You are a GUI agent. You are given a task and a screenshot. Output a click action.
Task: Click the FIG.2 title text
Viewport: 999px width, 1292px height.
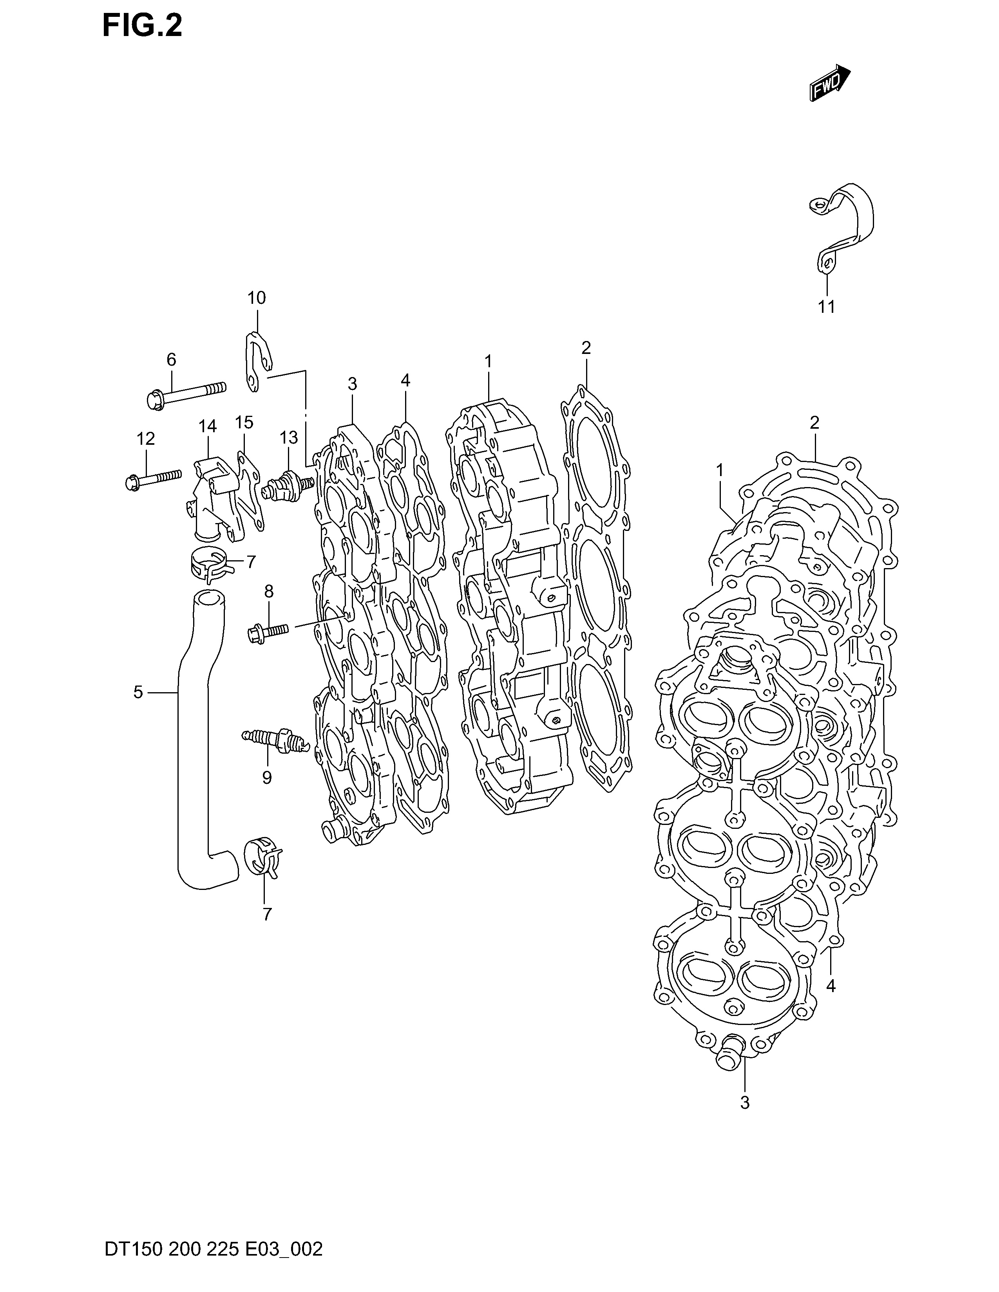pos(142,26)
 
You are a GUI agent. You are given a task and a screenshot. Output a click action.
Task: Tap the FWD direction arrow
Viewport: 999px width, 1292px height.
pos(830,83)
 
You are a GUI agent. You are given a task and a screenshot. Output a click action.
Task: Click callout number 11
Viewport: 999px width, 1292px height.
pos(826,307)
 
